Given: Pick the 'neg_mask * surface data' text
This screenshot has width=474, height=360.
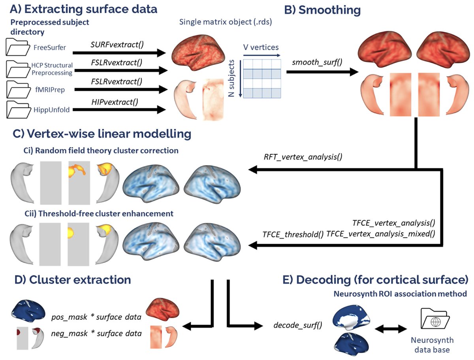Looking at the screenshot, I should tap(96, 333).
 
